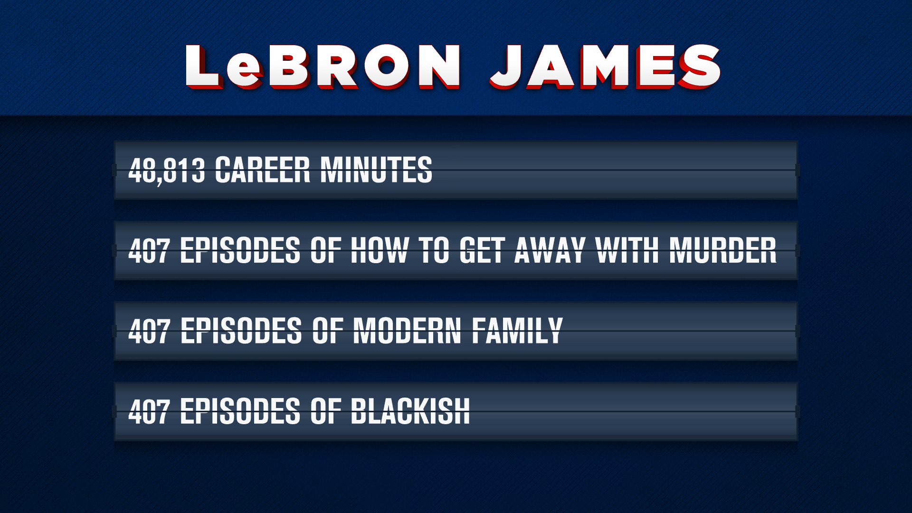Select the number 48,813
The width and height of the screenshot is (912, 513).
pos(167,170)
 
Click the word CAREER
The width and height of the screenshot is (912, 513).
pos(263,170)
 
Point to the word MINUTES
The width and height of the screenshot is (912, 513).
pos(376,170)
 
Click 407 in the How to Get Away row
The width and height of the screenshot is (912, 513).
pos(149,250)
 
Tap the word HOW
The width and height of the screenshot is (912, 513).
pos(380,250)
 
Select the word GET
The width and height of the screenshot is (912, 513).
pos(482,250)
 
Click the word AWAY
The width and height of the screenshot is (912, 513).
pos(550,250)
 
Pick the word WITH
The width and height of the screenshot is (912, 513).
pos(627,250)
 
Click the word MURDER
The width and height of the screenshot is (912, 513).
pos(723,250)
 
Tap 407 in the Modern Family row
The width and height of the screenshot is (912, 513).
pos(149,331)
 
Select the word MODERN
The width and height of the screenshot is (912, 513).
pos(407,331)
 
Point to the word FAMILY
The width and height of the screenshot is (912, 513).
pos(517,331)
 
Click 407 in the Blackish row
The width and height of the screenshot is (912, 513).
pos(149,411)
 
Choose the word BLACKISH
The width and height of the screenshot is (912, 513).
pos(410,411)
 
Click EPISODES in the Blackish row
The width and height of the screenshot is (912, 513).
pos(240,411)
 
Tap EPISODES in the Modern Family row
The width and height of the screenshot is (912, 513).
pos(240,331)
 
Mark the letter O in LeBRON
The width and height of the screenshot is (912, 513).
pos(387,66)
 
